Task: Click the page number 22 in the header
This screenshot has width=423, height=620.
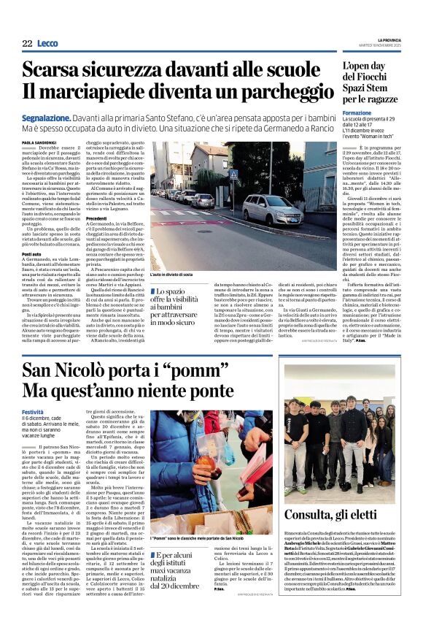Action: pos(27,44)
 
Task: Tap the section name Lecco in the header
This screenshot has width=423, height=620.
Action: pos(47,44)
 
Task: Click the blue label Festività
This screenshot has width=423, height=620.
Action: pos(33,413)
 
